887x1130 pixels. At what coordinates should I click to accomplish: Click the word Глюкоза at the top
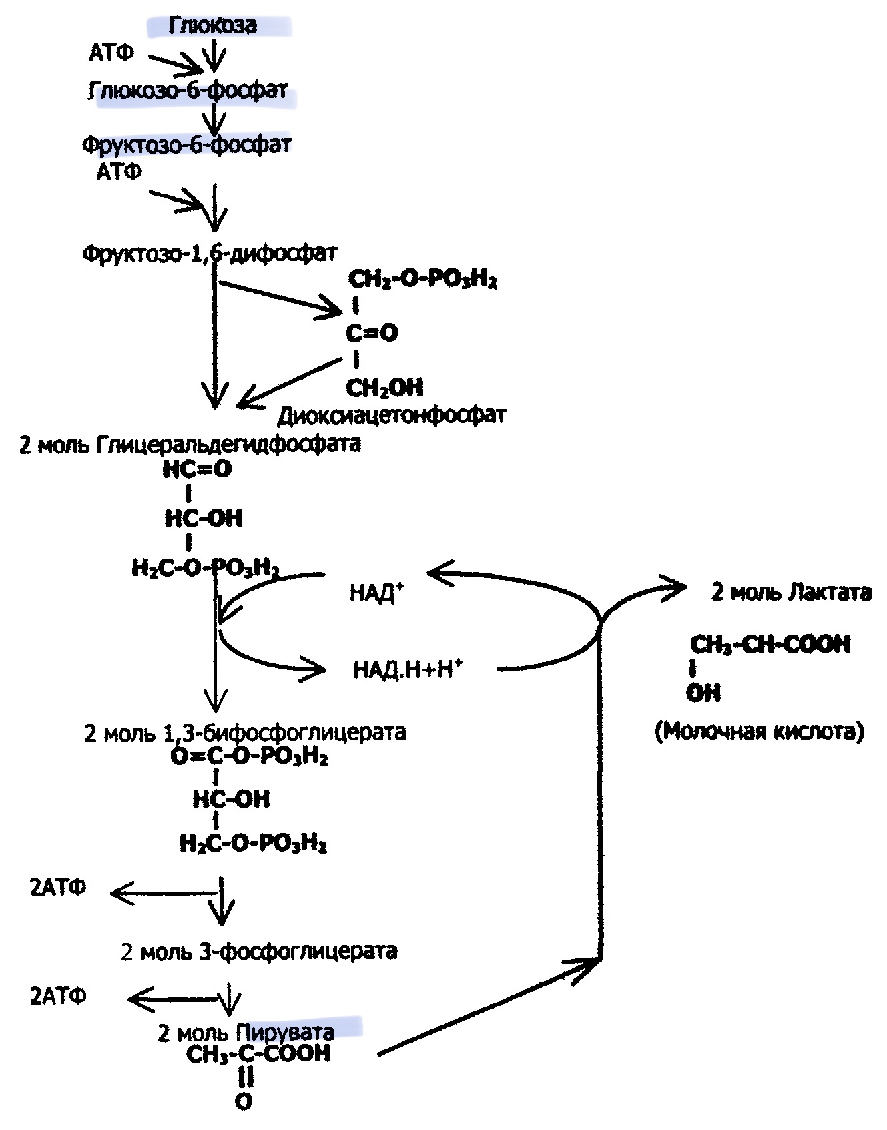pos(212,25)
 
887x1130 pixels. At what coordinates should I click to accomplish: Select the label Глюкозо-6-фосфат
pos(188,91)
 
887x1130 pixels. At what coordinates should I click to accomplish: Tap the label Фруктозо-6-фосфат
pos(187,145)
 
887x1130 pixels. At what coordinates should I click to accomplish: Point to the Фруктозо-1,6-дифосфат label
pos(209,254)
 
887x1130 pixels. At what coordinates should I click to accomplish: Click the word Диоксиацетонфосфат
pos(391,415)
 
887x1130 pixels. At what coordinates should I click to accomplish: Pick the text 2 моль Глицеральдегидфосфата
pos(190,444)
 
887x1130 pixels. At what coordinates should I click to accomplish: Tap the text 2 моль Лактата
pos(791,592)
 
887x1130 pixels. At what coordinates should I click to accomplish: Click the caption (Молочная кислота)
pos(760,732)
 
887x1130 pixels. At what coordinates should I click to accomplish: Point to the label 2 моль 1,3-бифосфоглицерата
pos(245,732)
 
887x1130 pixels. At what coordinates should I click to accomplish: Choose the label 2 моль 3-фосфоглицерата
pos(259,951)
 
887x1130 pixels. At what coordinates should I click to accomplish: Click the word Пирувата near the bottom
pos(285,1033)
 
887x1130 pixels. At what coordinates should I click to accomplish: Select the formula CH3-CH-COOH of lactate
pos(770,645)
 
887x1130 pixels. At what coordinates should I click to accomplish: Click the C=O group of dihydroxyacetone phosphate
pos(372,332)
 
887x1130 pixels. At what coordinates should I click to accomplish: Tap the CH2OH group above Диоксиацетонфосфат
pos(384,387)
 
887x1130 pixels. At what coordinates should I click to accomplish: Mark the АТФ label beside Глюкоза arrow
pos(111,53)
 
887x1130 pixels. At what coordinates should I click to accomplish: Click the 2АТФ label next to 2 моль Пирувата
pos(58,996)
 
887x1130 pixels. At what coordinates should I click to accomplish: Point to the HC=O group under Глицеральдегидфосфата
pos(197,469)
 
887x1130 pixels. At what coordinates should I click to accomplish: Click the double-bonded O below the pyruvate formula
pos(244,1101)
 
